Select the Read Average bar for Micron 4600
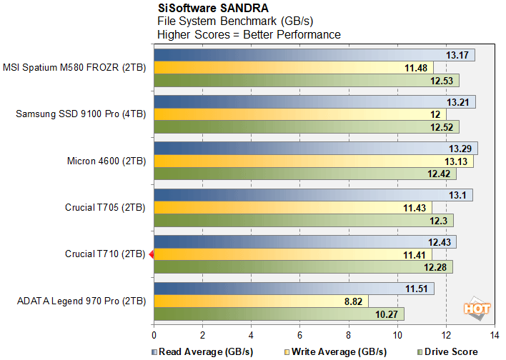coord(314,149)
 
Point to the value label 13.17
coord(457,56)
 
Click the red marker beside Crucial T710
coord(151,254)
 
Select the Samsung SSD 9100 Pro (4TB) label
coord(81,114)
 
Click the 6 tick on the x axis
coord(299,334)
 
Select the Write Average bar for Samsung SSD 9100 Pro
coord(299,114)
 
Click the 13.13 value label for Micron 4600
coord(456,161)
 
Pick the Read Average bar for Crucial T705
coord(312,195)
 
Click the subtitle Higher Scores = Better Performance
coord(249,34)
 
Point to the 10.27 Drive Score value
coord(387,314)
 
